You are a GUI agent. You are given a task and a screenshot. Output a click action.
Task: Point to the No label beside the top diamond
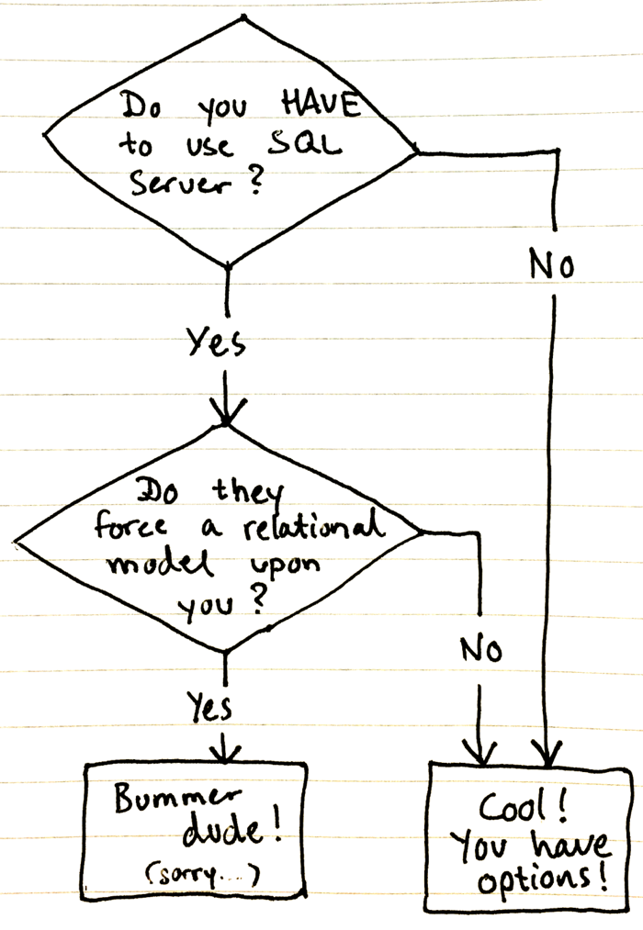tap(551, 265)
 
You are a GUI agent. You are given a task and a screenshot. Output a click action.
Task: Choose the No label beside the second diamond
tap(481, 650)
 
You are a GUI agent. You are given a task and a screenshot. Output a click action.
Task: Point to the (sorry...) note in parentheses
tap(201, 877)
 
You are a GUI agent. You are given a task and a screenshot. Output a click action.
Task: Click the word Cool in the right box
tap(517, 808)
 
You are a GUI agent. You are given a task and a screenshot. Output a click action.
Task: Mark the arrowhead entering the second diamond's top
tap(225, 409)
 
